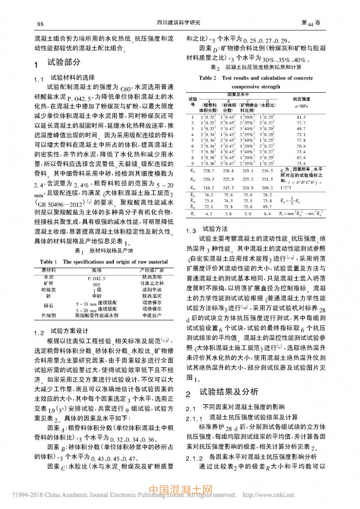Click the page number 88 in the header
(40, 23)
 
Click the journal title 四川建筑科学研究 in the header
(179, 23)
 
